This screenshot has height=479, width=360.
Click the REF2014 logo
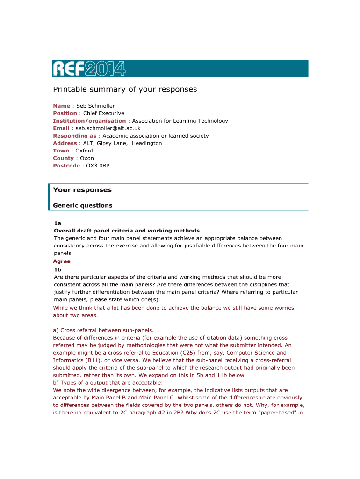coord(89,69)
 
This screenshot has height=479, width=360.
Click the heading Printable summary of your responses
coord(125,89)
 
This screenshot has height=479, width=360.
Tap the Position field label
coord(65,113)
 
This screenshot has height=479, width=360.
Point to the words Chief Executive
coord(104,113)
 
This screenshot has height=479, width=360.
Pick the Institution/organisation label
coord(89,121)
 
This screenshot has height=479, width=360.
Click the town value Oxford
coord(84,151)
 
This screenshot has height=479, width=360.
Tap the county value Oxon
coord(87,158)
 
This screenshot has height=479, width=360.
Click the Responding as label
coord(75,136)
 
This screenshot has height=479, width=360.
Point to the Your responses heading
coord(82,190)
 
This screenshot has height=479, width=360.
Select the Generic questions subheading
coord(83,205)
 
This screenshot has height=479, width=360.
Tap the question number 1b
coord(58,270)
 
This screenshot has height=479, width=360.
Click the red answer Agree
coord(62,261)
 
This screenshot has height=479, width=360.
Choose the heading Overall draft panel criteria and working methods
coord(127,231)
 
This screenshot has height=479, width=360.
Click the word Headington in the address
coord(147,143)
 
